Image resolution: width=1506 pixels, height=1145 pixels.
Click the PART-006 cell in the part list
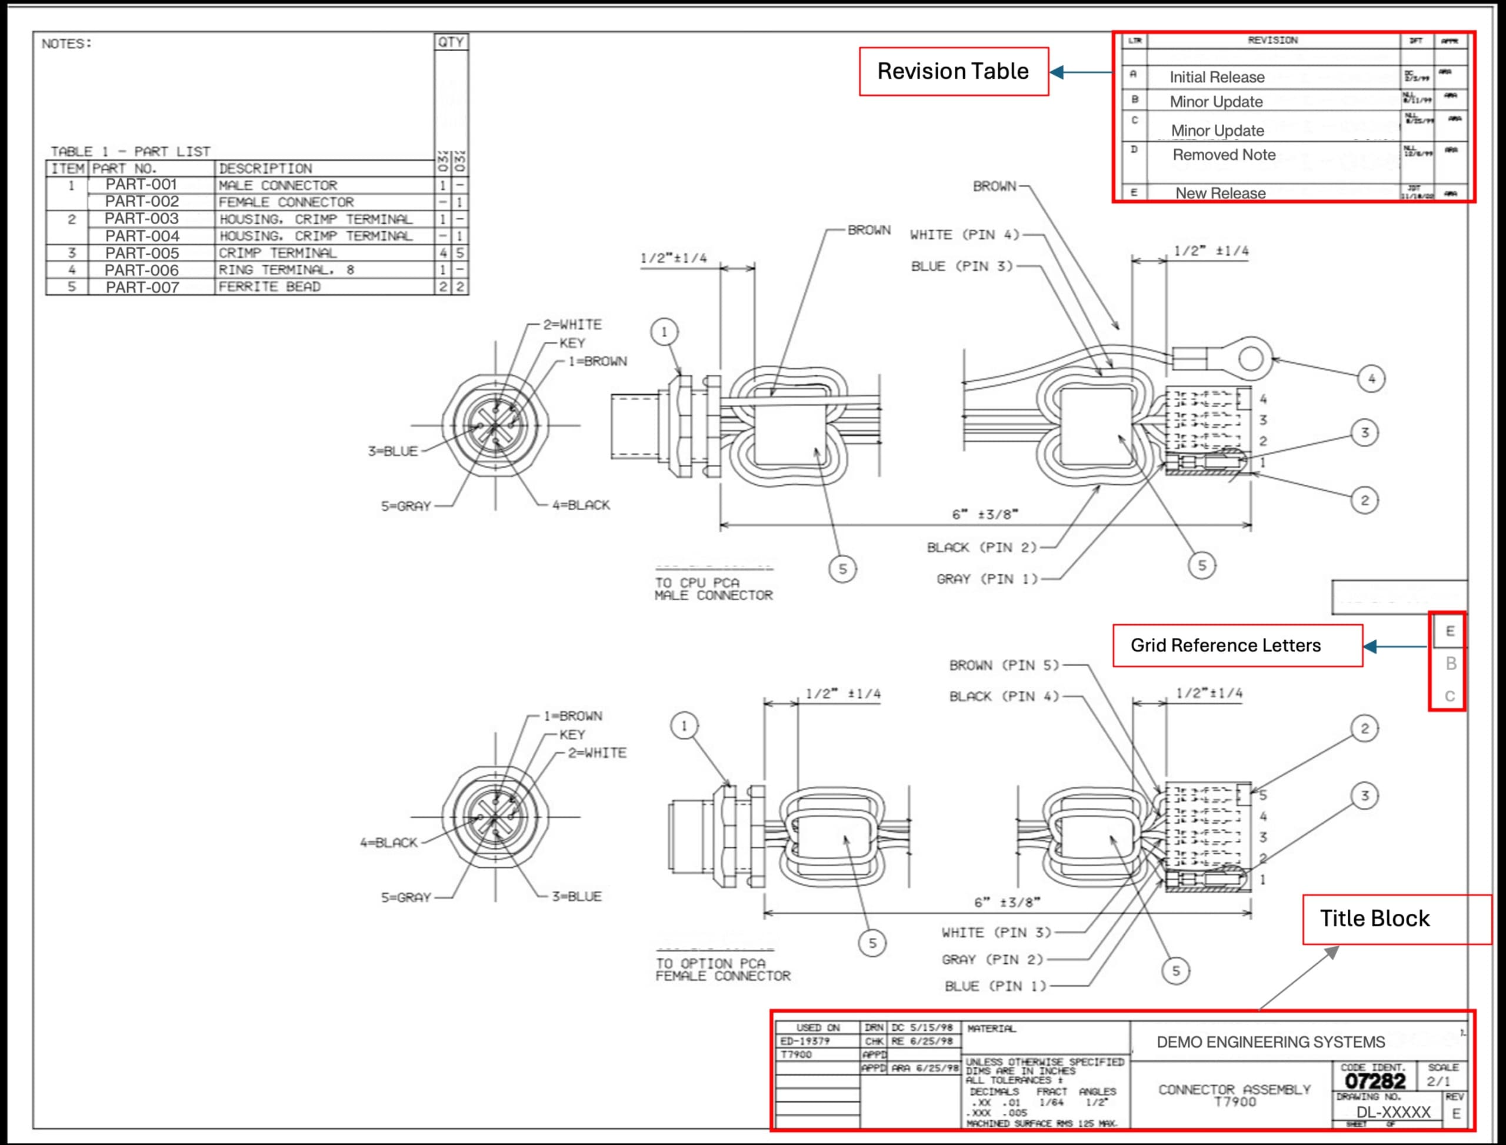click(142, 270)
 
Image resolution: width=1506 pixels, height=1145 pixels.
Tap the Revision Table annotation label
click(952, 71)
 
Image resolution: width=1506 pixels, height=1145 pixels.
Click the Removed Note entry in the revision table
click(1224, 155)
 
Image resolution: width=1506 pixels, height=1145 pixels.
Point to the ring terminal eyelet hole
click(1251, 358)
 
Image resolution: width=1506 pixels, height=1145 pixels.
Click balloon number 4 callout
click(1371, 378)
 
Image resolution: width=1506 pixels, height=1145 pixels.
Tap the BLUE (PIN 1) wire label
click(995, 986)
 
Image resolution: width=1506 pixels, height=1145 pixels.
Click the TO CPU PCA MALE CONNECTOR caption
click(714, 589)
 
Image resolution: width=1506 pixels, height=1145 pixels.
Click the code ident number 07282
click(1374, 1081)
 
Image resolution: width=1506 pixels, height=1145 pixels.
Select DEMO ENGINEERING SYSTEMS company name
click(1270, 1042)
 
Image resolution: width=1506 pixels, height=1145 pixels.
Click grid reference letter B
click(1451, 663)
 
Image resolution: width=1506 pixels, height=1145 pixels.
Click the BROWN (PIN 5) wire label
click(1004, 665)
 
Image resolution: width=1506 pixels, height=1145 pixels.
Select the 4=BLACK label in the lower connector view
click(388, 843)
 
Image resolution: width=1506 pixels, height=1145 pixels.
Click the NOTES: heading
click(66, 44)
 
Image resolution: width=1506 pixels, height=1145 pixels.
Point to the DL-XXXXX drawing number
click(1393, 1112)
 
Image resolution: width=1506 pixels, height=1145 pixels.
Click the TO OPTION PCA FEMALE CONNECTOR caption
click(722, 970)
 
